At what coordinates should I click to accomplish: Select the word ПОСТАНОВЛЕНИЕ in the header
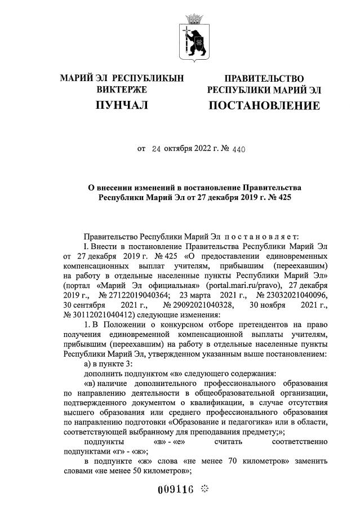point(264,105)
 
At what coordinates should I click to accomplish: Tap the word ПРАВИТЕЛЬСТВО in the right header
point(264,79)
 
